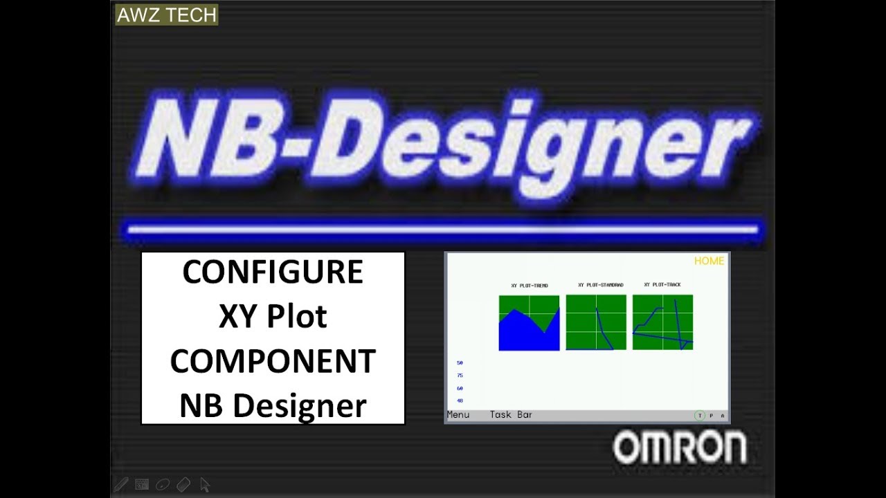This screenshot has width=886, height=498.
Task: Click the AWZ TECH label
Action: click(x=166, y=15)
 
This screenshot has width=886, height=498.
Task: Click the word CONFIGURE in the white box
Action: click(x=273, y=273)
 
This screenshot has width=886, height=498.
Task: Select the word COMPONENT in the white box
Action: click(x=273, y=361)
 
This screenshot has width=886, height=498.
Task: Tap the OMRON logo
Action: click(x=679, y=448)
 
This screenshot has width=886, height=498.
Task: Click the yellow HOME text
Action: click(x=709, y=261)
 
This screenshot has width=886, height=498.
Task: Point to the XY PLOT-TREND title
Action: click(x=530, y=286)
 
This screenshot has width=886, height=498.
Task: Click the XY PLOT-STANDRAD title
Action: click(x=601, y=285)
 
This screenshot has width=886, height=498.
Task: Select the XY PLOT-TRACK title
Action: click(x=662, y=285)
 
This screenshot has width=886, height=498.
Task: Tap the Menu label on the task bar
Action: click(x=458, y=415)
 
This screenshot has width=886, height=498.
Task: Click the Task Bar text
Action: click(x=511, y=415)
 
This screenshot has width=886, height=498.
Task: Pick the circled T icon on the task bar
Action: click(x=700, y=416)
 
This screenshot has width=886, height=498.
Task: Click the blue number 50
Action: click(x=460, y=362)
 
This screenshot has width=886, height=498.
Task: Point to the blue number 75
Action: click(x=460, y=376)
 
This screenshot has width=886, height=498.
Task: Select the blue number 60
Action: click(x=460, y=389)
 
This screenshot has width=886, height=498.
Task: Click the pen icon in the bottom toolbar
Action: click(x=121, y=484)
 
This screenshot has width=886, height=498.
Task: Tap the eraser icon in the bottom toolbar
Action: click(x=183, y=484)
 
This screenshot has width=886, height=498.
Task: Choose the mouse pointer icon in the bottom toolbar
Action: click(x=205, y=484)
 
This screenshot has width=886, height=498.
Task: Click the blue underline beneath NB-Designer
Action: click(x=443, y=229)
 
